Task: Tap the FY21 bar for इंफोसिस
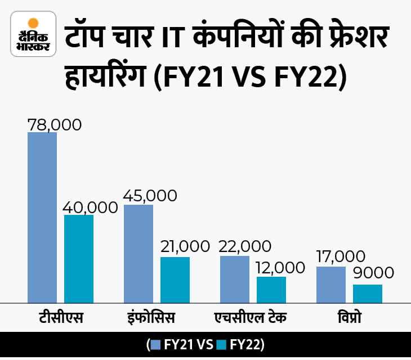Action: point(139,254)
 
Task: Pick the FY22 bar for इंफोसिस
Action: point(175,280)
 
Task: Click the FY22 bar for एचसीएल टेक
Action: point(271,290)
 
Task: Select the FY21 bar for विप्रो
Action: point(331,285)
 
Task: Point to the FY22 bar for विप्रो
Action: point(368,294)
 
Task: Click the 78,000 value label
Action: point(55,124)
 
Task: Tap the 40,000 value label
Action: point(90,206)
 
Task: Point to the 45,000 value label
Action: point(150,196)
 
